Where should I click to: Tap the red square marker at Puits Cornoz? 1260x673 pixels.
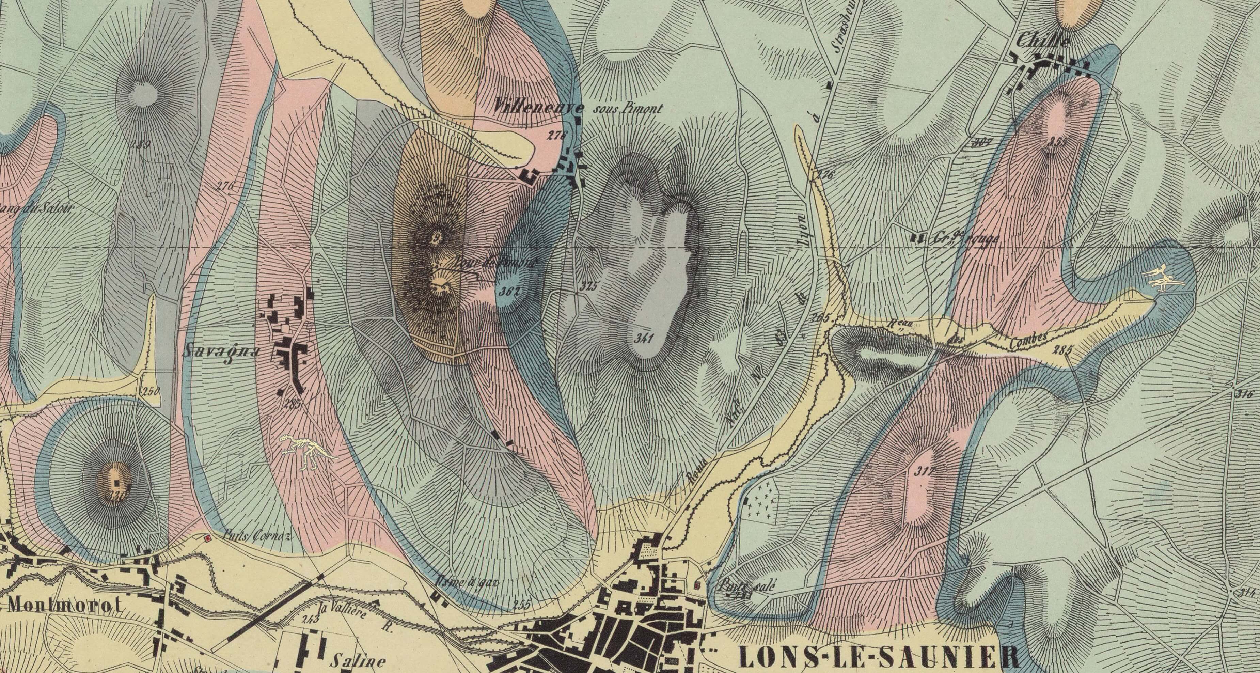[x=207, y=538]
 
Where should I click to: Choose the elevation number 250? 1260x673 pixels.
[x=151, y=392]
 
